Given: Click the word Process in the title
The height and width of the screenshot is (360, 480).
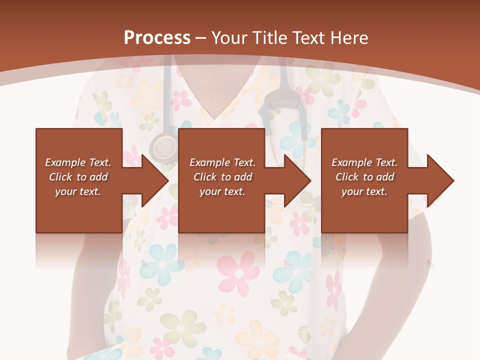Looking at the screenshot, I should [x=157, y=38].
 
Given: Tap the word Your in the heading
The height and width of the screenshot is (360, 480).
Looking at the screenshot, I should [x=227, y=38].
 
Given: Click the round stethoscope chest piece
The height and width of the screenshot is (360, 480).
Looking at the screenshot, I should [x=163, y=147].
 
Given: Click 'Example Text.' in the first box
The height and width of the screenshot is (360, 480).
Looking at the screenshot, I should [x=78, y=162].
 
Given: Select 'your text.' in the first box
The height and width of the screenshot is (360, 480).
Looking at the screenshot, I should [x=78, y=191].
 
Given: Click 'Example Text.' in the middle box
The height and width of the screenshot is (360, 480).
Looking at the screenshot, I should [x=222, y=162].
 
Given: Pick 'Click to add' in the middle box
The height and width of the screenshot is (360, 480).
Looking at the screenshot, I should [x=222, y=177].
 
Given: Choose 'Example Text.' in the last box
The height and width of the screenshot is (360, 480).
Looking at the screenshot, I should [x=364, y=162].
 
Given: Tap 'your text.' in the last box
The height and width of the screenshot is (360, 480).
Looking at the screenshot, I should [x=364, y=191].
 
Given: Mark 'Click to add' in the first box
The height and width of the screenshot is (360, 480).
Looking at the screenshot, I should [x=78, y=177].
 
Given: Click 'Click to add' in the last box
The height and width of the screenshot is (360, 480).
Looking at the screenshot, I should [x=364, y=177].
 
